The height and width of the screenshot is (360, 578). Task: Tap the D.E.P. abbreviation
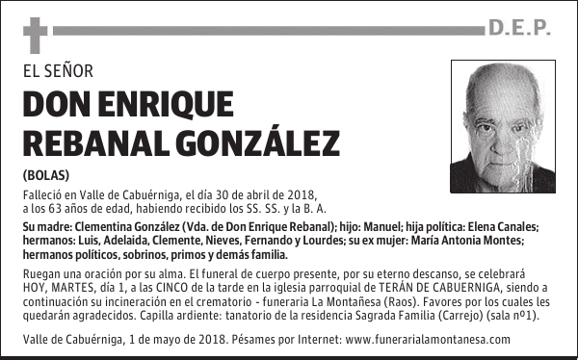[x=519, y=30]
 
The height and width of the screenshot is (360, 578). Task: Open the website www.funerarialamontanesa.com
[x=427, y=340]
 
